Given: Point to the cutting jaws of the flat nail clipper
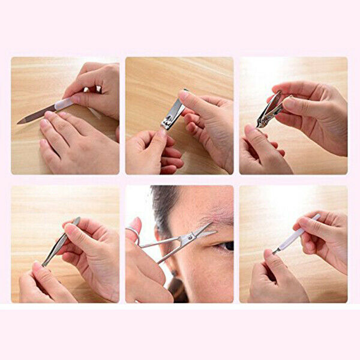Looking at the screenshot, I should [166, 125].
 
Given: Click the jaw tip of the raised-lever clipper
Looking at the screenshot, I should [260, 124].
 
